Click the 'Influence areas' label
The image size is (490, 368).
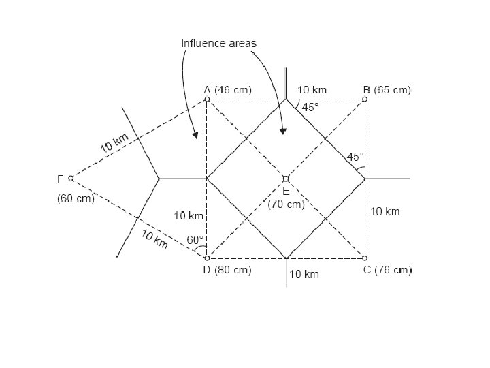tap(218, 43)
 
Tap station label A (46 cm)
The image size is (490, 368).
tap(228, 89)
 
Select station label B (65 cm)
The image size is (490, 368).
tap(387, 89)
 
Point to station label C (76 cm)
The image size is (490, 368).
tap(387, 270)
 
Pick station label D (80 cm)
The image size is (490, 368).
tap(228, 270)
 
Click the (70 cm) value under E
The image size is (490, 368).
tap(286, 204)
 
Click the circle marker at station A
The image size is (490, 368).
tap(207, 99)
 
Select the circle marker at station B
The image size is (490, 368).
tap(365, 99)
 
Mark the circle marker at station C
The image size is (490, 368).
tap(365, 258)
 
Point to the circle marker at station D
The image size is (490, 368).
tap(207, 258)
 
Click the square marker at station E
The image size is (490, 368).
tap(286, 179)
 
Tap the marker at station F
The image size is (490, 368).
tap(71, 179)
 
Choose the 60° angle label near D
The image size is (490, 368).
tap(195, 239)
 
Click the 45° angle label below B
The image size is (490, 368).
tap(355, 157)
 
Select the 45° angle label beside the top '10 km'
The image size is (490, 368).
tap(310, 107)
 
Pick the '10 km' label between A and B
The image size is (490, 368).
tap(312, 89)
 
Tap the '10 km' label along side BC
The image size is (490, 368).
tap(385, 212)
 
